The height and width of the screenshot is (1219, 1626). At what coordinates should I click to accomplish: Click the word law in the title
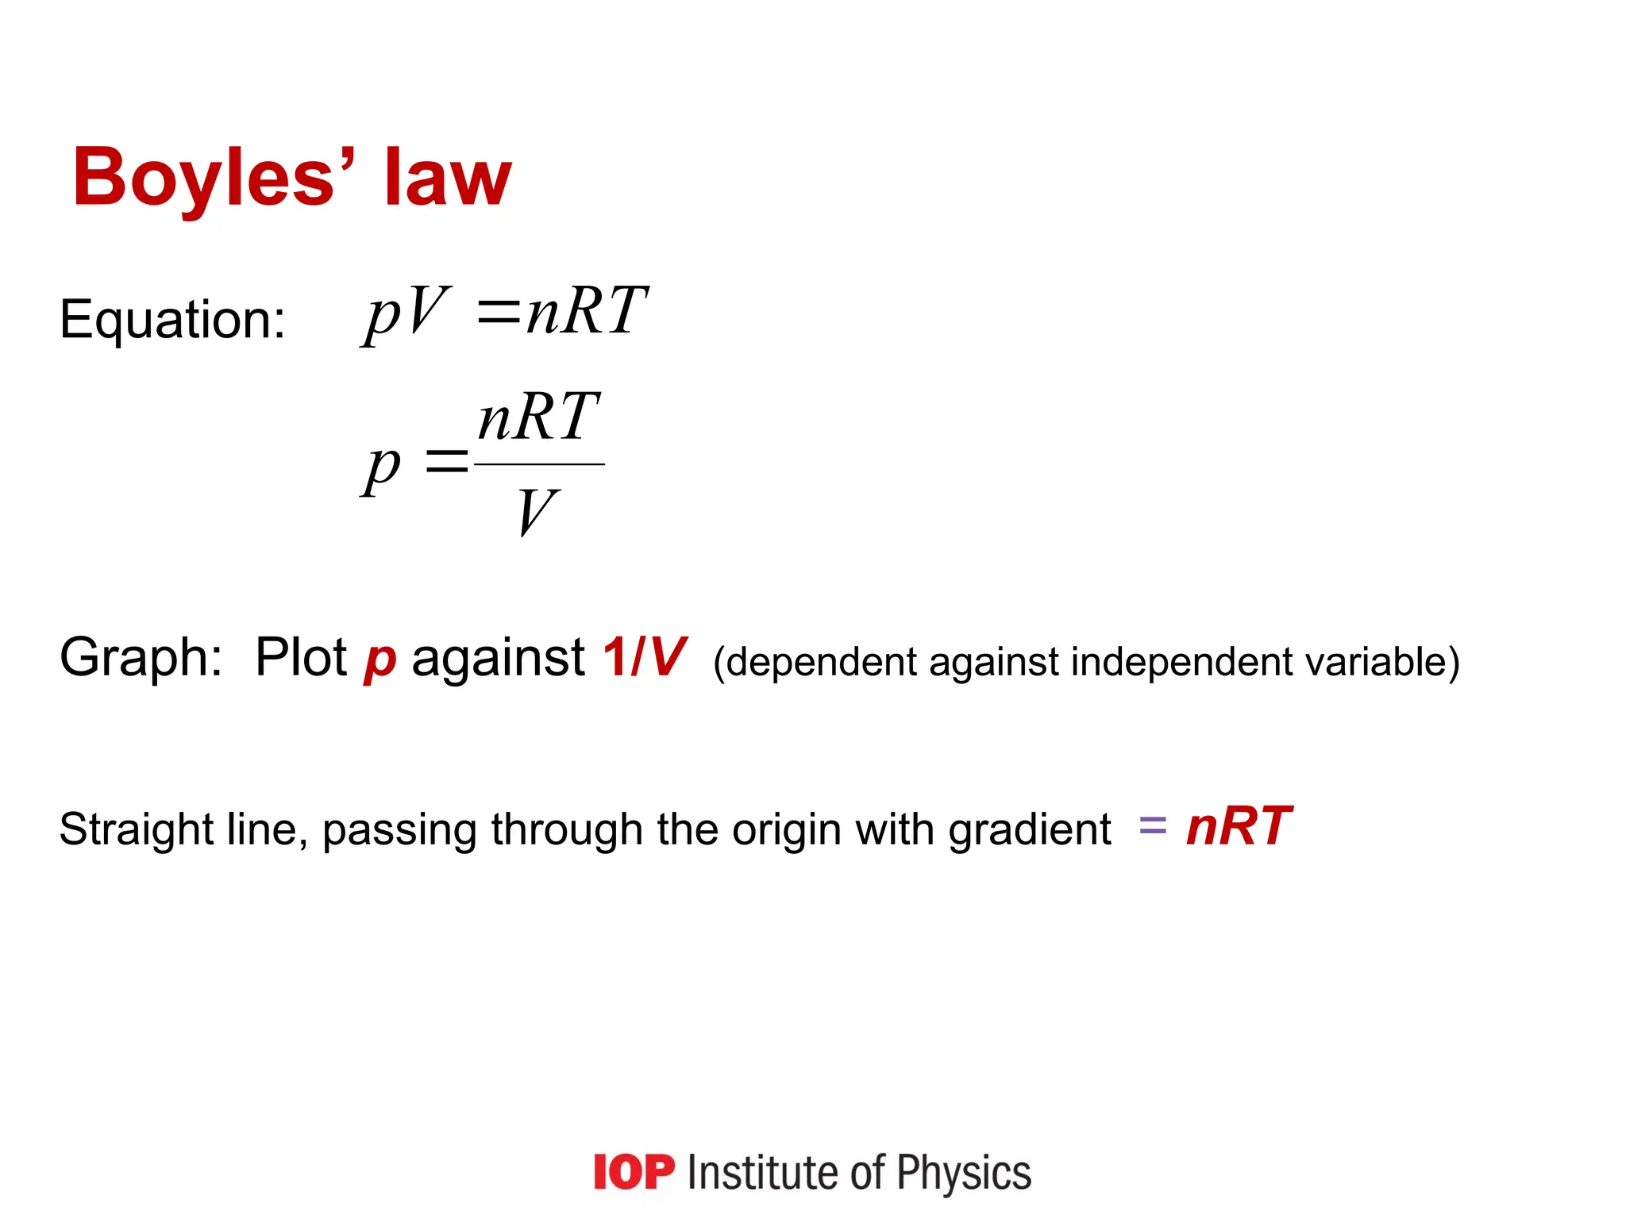448,178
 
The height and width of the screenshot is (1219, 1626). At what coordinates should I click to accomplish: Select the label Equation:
172,320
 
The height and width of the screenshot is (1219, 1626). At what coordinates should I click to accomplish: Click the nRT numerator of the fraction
538,417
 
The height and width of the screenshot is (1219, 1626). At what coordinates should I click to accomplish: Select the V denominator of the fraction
538,512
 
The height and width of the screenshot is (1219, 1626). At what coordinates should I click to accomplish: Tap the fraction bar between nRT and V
539,464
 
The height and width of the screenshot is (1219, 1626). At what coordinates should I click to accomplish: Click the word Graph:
141,658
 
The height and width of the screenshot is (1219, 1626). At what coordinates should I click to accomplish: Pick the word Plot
301,658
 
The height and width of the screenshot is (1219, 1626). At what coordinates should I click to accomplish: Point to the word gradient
1030,830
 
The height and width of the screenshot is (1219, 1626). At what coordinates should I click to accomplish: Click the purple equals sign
1153,826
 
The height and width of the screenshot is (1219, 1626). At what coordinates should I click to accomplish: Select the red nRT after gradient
1239,826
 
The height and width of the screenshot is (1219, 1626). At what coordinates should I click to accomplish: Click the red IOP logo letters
634,1172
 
